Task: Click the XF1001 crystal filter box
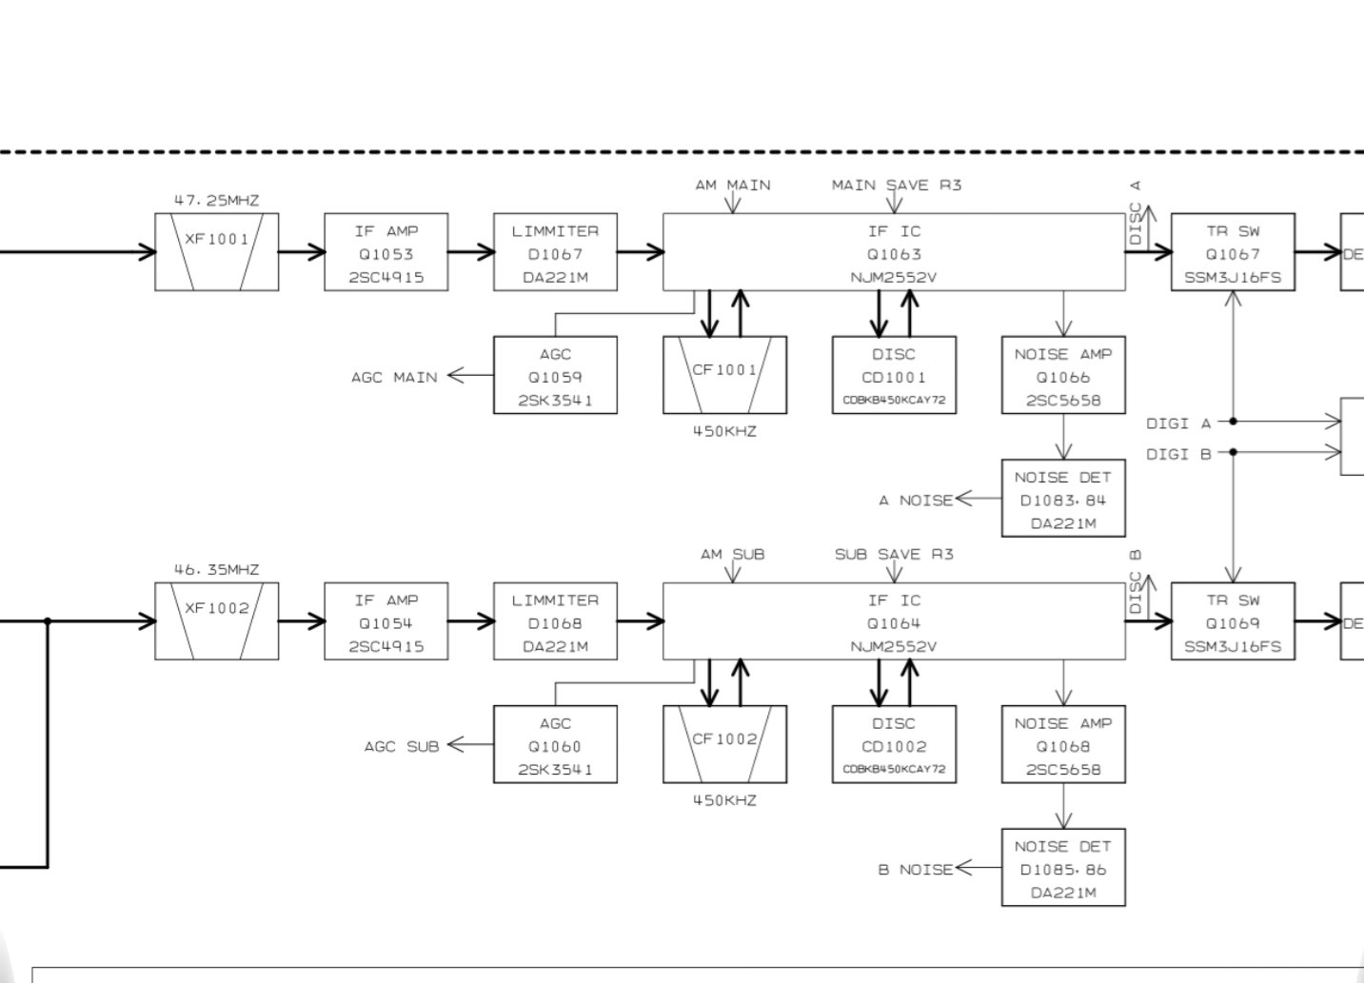pos(217,252)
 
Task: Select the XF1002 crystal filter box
pos(217,621)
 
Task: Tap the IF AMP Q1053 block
pos(385,252)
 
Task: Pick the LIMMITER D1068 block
pos(555,621)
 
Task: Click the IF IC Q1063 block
pos(893,252)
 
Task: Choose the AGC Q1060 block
pos(555,744)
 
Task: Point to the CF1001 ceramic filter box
pos(724,375)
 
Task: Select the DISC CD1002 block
pos(893,744)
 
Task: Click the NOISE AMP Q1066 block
pos(1063,375)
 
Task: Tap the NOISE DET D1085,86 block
pos(1063,867)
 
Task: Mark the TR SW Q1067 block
pos(1233,252)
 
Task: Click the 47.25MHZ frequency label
pos(216,201)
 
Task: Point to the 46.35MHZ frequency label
pos(216,570)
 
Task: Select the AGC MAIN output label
pos(394,377)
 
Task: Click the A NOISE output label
pos(915,500)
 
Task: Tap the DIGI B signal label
pos(1178,454)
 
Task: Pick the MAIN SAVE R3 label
pos(897,185)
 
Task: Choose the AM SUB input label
pos(733,554)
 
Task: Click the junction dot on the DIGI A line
pos(1234,421)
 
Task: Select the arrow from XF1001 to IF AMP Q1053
pos(302,252)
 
